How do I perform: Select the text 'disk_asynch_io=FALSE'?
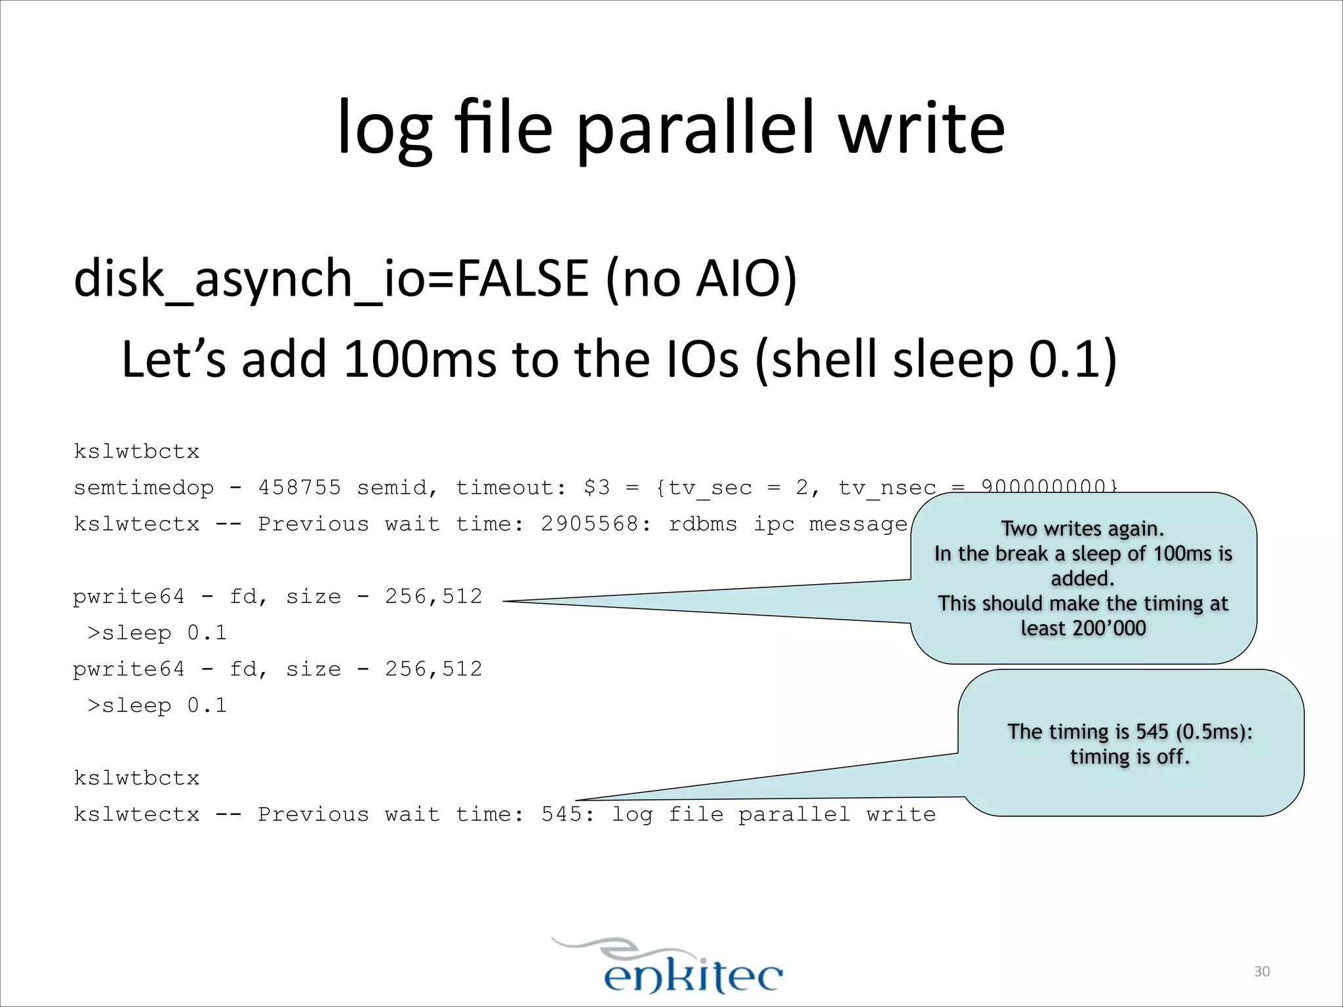[x=331, y=279]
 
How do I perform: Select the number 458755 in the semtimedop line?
[x=300, y=488]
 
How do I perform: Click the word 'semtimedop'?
[x=144, y=488]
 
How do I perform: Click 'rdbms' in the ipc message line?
[x=702, y=524]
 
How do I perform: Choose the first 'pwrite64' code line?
[x=277, y=597]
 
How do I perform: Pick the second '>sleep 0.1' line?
[x=157, y=705]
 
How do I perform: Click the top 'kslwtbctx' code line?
[x=136, y=452]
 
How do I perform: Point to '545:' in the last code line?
[x=568, y=814]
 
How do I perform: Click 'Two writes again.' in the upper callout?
[x=1083, y=528]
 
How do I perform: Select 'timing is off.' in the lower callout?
[x=1130, y=757]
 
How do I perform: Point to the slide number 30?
[x=1262, y=972]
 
